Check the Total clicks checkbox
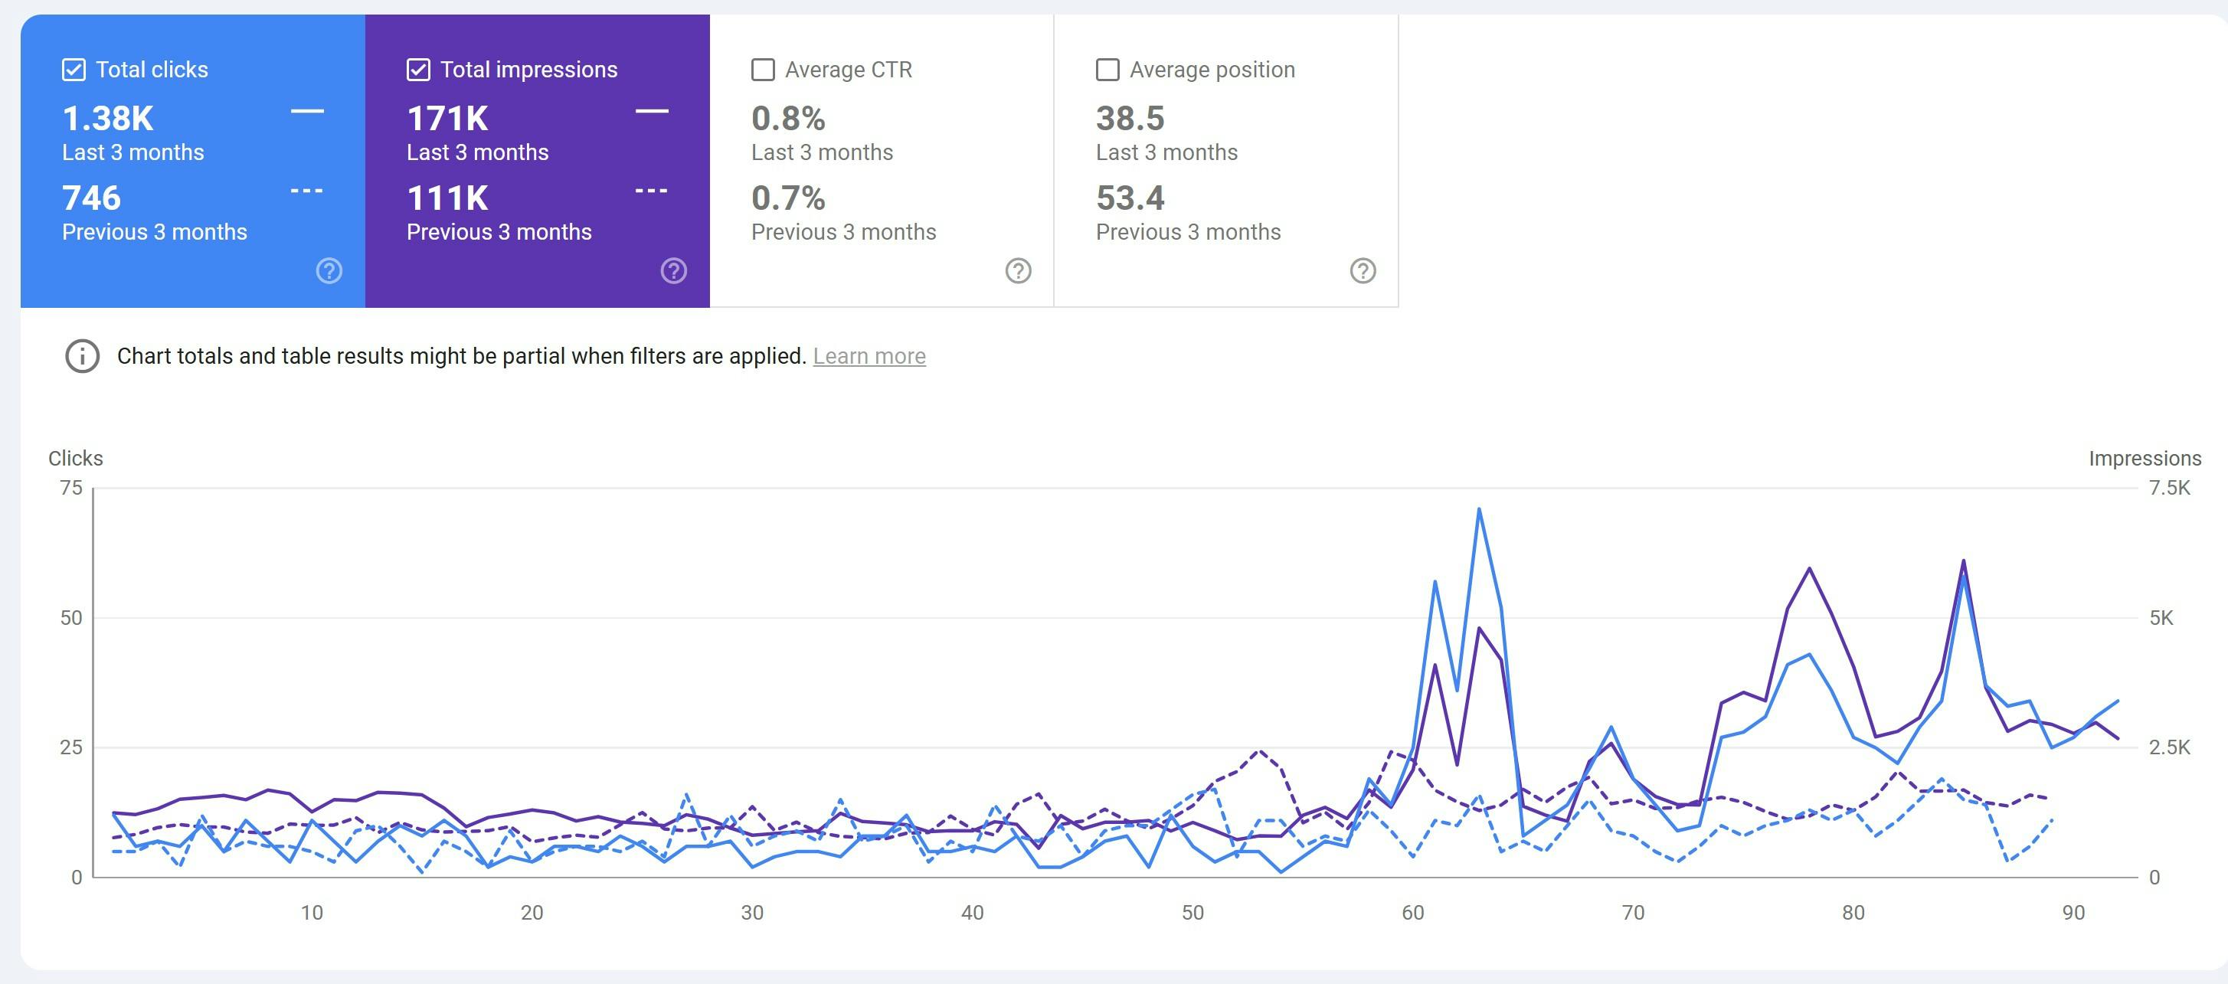coord(74,70)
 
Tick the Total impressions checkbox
coord(417,70)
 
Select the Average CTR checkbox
coord(763,70)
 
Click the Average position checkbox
coord(1107,70)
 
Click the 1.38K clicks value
coord(108,119)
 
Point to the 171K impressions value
coord(447,119)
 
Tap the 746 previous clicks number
coord(92,198)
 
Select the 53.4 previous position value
coord(1130,198)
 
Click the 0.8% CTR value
coord(788,119)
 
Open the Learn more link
coord(869,356)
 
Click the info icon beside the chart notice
coord(82,356)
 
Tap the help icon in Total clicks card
coord(329,270)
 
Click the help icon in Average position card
coord(1363,270)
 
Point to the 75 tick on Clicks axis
coord(71,488)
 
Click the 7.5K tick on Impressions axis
coord(2169,488)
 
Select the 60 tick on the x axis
coord(1412,912)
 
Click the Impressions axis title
coord(2144,458)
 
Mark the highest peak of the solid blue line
coord(1479,509)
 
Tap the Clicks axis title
coord(75,458)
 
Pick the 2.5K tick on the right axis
coord(2169,747)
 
